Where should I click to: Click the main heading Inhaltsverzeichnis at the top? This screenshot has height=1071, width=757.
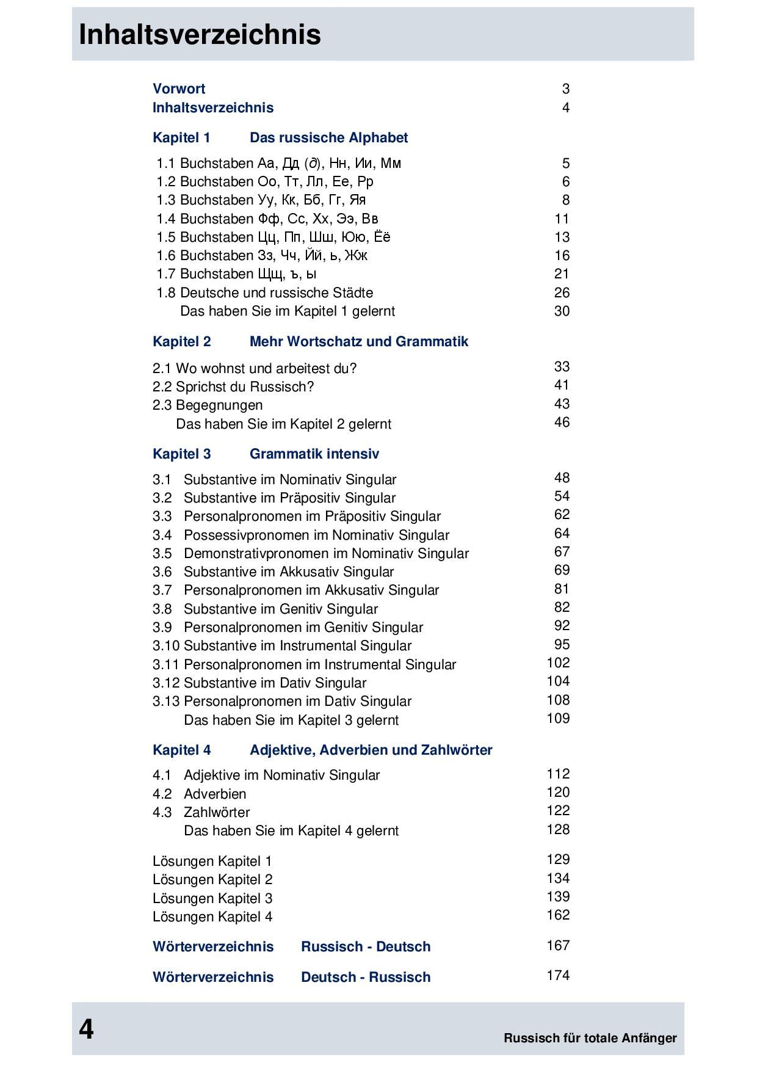pyautogui.click(x=200, y=35)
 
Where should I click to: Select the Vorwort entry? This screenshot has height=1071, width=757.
pyautogui.click(x=179, y=89)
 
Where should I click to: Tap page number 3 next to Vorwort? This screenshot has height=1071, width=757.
pyautogui.click(x=566, y=89)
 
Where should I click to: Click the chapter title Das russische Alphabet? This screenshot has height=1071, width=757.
pyautogui.click(x=328, y=138)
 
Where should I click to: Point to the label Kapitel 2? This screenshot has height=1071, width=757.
pyautogui.click(x=181, y=342)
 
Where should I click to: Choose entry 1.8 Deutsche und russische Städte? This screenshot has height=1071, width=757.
pyautogui.click(x=264, y=293)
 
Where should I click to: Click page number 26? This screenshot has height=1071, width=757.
pyautogui.click(x=562, y=293)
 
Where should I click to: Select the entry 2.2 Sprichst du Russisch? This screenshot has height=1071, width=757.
pyautogui.click(x=233, y=387)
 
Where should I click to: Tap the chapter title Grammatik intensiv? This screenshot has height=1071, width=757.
pyautogui.click(x=314, y=454)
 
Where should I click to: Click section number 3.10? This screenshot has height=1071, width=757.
pyautogui.click(x=166, y=646)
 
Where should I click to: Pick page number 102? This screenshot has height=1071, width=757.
pyautogui.click(x=558, y=663)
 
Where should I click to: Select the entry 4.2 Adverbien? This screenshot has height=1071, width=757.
pyautogui.click(x=200, y=794)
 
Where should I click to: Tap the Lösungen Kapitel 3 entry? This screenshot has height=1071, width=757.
pyautogui.click(x=212, y=899)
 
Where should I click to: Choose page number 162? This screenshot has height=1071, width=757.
pyautogui.click(x=558, y=915)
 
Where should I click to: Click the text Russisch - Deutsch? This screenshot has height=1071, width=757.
pyautogui.click(x=366, y=947)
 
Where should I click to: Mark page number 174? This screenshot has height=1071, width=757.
pyautogui.click(x=558, y=976)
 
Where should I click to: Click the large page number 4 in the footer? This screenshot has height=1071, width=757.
pyautogui.click(x=86, y=1029)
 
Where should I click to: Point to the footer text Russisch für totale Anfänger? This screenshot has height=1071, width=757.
pyautogui.click(x=590, y=1038)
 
